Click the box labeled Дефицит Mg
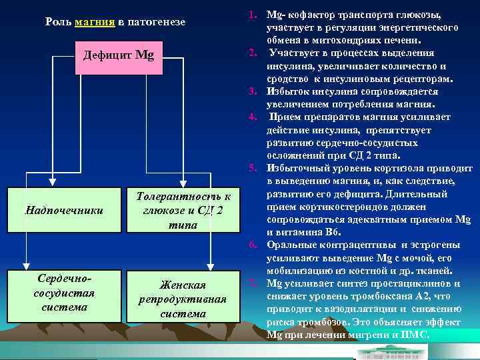pos(118,54)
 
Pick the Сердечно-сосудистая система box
pos(64,291)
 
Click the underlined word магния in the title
pos(96,22)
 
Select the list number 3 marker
pos(253,91)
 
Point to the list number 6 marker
pos(253,245)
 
